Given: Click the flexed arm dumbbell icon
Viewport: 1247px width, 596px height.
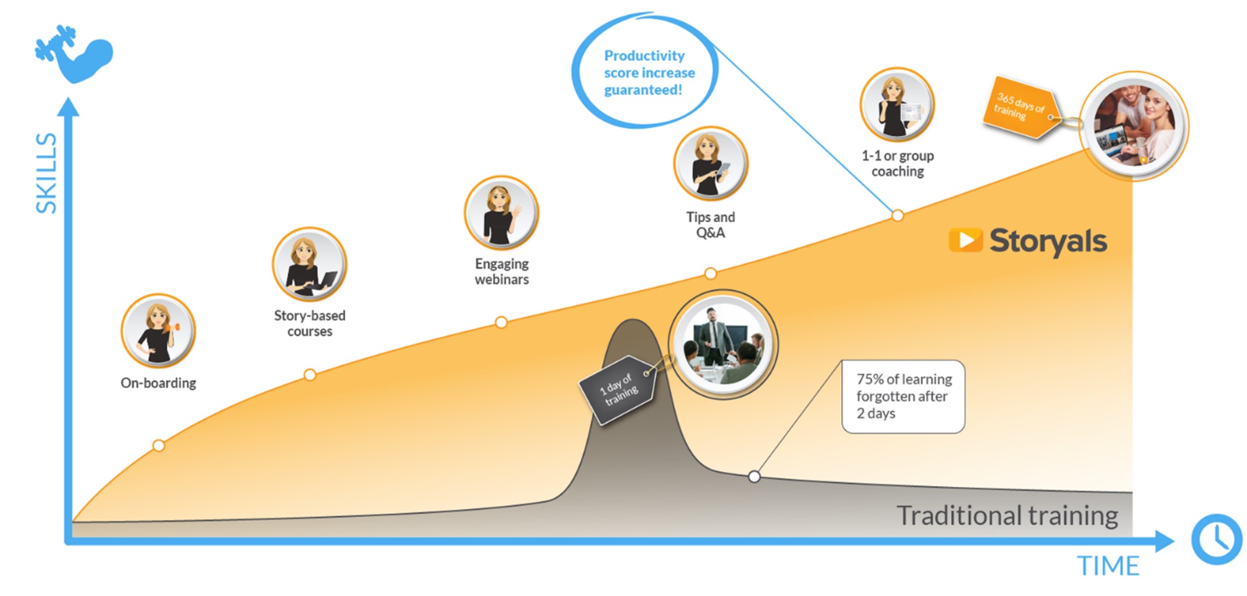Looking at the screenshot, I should (75, 54).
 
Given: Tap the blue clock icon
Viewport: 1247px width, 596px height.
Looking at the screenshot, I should (1216, 539).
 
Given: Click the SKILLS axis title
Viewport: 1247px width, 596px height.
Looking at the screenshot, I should (47, 173).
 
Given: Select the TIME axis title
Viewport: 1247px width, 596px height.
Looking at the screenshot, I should (1108, 566).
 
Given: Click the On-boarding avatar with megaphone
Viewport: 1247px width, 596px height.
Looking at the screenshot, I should (158, 331).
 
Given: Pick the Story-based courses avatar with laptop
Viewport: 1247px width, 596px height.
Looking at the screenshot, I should (309, 265).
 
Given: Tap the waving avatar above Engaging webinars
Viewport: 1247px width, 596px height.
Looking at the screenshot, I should (501, 213).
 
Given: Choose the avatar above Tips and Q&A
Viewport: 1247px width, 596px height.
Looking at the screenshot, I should (710, 164).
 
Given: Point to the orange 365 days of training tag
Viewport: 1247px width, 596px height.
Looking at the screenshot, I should (1020, 107).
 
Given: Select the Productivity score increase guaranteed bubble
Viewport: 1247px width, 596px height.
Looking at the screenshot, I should (644, 72).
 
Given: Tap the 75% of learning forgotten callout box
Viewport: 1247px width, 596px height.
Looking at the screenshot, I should (903, 397).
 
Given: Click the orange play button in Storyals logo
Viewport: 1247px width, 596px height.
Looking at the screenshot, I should (965, 240).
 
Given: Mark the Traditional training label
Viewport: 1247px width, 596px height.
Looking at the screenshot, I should (1007, 516).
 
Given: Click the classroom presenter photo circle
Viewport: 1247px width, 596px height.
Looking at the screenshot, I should (723, 344).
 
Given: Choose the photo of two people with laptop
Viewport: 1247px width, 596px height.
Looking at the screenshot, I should (1133, 126).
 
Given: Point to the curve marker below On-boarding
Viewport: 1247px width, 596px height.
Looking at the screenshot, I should (158, 446).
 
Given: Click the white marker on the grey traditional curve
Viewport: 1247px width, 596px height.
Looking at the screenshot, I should (754, 477).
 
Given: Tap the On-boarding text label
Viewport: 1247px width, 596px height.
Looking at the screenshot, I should (158, 383).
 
